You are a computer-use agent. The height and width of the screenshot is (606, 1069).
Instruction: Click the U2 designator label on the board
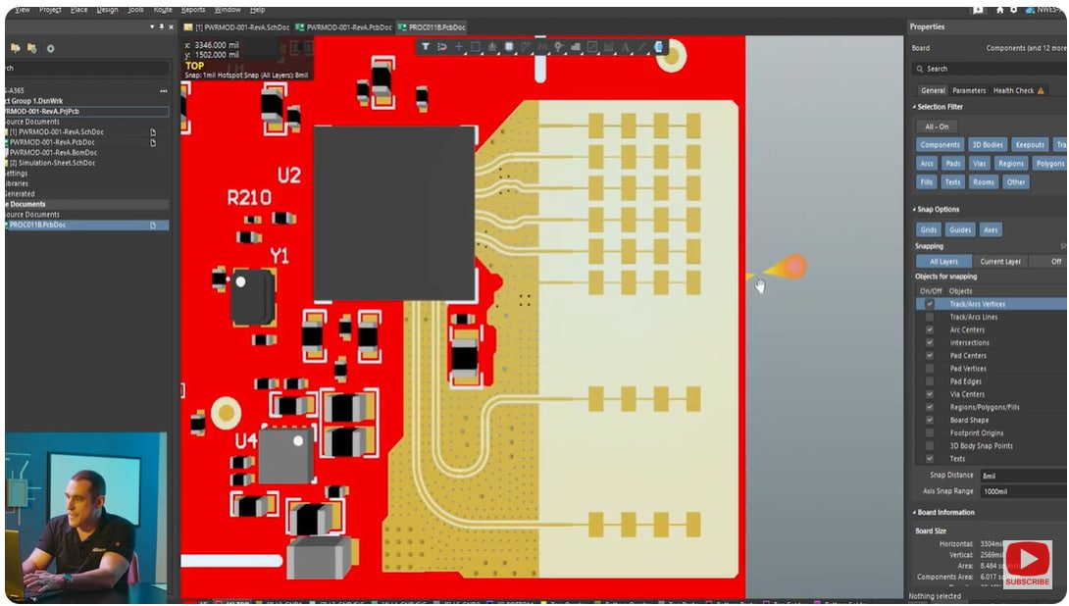point(288,176)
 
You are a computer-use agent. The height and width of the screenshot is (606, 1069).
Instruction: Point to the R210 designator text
point(249,198)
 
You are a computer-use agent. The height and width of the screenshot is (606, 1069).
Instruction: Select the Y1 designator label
point(280,256)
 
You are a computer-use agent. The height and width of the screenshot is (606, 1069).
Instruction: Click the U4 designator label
point(245,440)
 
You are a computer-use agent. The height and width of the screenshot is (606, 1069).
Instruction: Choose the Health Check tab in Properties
point(1018,90)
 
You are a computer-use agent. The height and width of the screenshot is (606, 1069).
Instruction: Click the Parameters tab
point(969,90)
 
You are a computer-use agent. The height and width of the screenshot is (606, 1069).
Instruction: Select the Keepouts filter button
point(1030,145)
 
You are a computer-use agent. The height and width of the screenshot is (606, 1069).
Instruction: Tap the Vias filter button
point(980,164)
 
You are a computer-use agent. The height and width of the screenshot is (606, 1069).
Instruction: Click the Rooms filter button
point(984,181)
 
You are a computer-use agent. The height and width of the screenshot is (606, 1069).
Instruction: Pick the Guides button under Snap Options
point(960,229)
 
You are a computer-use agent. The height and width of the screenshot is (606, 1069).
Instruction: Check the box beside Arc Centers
point(930,329)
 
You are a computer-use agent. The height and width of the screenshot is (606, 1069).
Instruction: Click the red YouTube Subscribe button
point(1027,564)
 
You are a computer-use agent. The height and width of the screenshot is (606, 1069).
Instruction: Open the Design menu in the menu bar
point(108,9)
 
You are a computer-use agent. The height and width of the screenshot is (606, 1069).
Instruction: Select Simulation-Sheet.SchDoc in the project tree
point(54,163)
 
